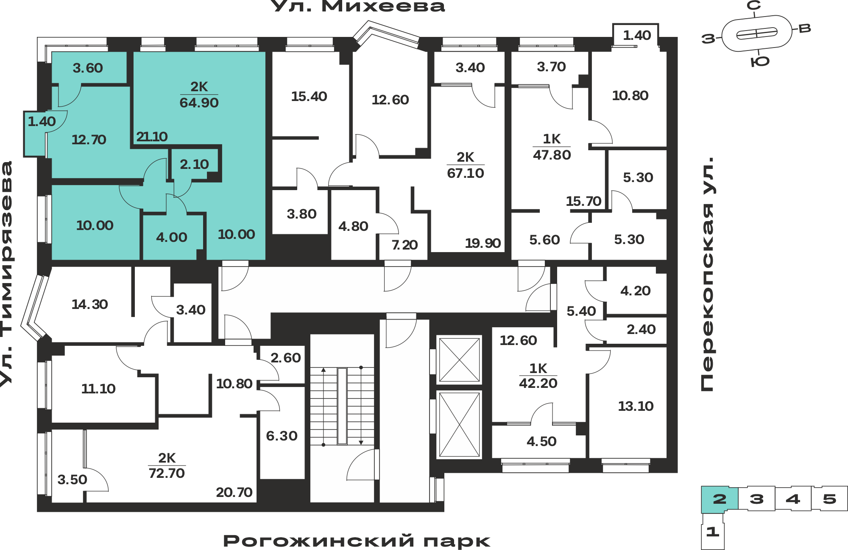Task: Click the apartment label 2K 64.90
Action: tap(199, 95)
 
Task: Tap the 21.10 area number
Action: tap(152, 137)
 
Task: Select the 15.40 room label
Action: tap(309, 96)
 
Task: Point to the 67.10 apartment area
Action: tap(466, 173)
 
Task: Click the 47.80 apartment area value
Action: tap(552, 155)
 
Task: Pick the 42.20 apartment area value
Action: tap(538, 383)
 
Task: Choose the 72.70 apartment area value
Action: tap(167, 473)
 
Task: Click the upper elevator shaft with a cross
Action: tap(459, 360)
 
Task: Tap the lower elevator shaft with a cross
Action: tap(459, 424)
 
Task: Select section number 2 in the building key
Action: tap(720, 499)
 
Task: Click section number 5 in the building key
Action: tap(829, 499)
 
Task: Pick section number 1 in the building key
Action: tap(713, 531)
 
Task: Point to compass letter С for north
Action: tap(754, 6)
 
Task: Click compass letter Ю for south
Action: tap(760, 62)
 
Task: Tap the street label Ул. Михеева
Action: tap(357, 6)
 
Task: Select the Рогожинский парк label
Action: tap(357, 541)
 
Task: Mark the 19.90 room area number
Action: tap(483, 243)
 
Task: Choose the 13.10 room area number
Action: tap(636, 406)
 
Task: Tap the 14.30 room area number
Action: tap(89, 304)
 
